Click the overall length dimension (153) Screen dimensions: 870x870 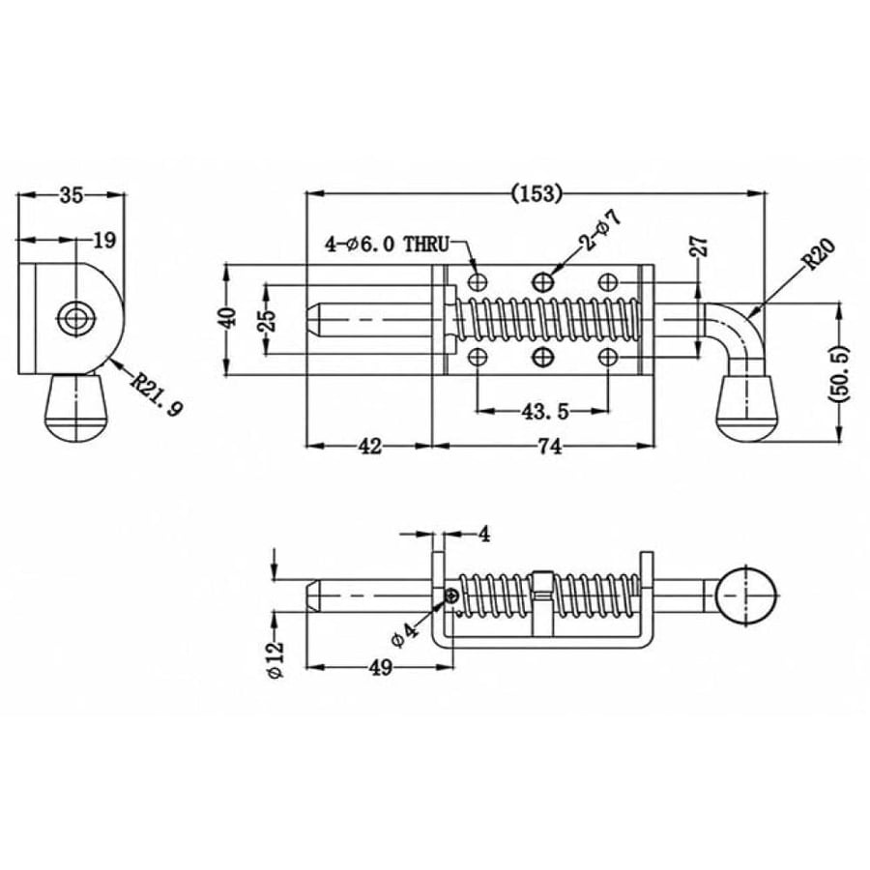coord(536,193)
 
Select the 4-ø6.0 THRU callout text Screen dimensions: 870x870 coord(388,245)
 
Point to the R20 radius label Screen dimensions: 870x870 coord(819,253)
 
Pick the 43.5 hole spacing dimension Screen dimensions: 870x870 coord(545,411)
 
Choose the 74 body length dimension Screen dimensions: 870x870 coord(549,446)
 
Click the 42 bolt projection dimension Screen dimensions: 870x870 coord(369,446)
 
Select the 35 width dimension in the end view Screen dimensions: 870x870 coord(71,194)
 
